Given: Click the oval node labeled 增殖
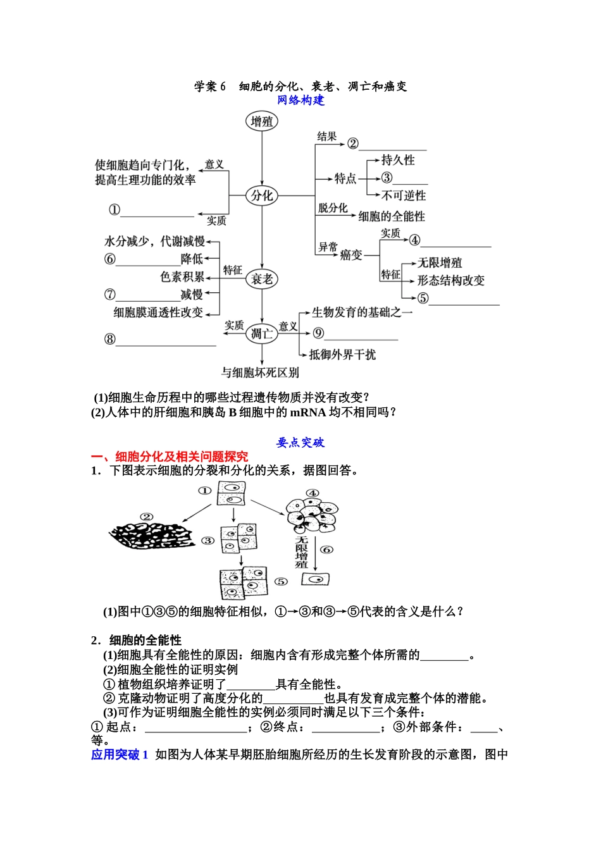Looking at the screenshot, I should [x=262, y=121].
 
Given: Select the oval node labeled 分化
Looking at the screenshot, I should [x=262, y=196].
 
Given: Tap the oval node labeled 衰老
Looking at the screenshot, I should [x=262, y=279].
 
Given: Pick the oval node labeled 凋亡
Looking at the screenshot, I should [x=262, y=333].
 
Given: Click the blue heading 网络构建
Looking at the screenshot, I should [x=300, y=101].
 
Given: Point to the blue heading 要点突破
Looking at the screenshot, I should [x=300, y=443].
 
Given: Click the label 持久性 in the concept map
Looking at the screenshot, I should [x=398, y=160].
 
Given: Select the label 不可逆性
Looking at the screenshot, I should [x=404, y=195].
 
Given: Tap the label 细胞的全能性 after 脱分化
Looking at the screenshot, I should [x=392, y=216].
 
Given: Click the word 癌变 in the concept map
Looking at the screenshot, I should [x=351, y=254].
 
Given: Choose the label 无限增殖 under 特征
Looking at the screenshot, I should [x=440, y=262].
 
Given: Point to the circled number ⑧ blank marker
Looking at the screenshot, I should [x=110, y=339].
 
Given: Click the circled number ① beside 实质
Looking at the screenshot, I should [x=115, y=210].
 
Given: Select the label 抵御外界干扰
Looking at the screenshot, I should [x=342, y=355].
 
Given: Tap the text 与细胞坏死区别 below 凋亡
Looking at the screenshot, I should [x=260, y=373].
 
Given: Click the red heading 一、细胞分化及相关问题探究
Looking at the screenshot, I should [x=170, y=457].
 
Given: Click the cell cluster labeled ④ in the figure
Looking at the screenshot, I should [x=312, y=515].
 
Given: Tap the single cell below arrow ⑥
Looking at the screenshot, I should [x=316, y=579].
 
